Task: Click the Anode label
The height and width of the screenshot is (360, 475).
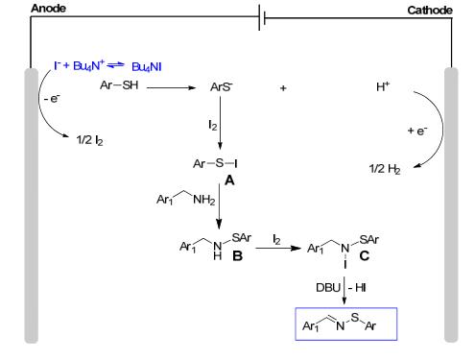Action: pos(48,9)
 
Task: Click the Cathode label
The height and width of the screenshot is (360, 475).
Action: pos(430,11)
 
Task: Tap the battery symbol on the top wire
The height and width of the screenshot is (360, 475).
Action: pos(262,17)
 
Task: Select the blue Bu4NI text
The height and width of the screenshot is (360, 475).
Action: pos(147,67)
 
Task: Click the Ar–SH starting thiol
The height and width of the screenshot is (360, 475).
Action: pos(119,85)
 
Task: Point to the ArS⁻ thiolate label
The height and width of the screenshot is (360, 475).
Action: pos(221,86)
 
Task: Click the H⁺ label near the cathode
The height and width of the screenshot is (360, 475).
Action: pos(383,86)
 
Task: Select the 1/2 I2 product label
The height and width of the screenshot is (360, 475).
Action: pos(89,140)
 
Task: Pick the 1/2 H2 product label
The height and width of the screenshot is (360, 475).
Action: pos(385,169)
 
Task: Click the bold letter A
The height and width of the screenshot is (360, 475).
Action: pos(229,180)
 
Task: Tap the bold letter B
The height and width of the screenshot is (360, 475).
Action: pos(237,256)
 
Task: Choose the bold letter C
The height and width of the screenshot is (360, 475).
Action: pos(365,255)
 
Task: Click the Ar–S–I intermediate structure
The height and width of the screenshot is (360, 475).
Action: pos(215,163)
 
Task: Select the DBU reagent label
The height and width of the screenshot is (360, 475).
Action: pos(328,288)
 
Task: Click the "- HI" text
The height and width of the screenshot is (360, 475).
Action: pos(357,288)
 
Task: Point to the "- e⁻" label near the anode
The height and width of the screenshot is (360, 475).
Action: pos(52,98)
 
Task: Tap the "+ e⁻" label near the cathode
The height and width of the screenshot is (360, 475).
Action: pos(417,131)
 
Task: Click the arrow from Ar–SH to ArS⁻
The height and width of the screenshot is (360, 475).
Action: pos(171,87)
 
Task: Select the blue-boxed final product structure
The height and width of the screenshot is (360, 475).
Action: pos(346,324)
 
